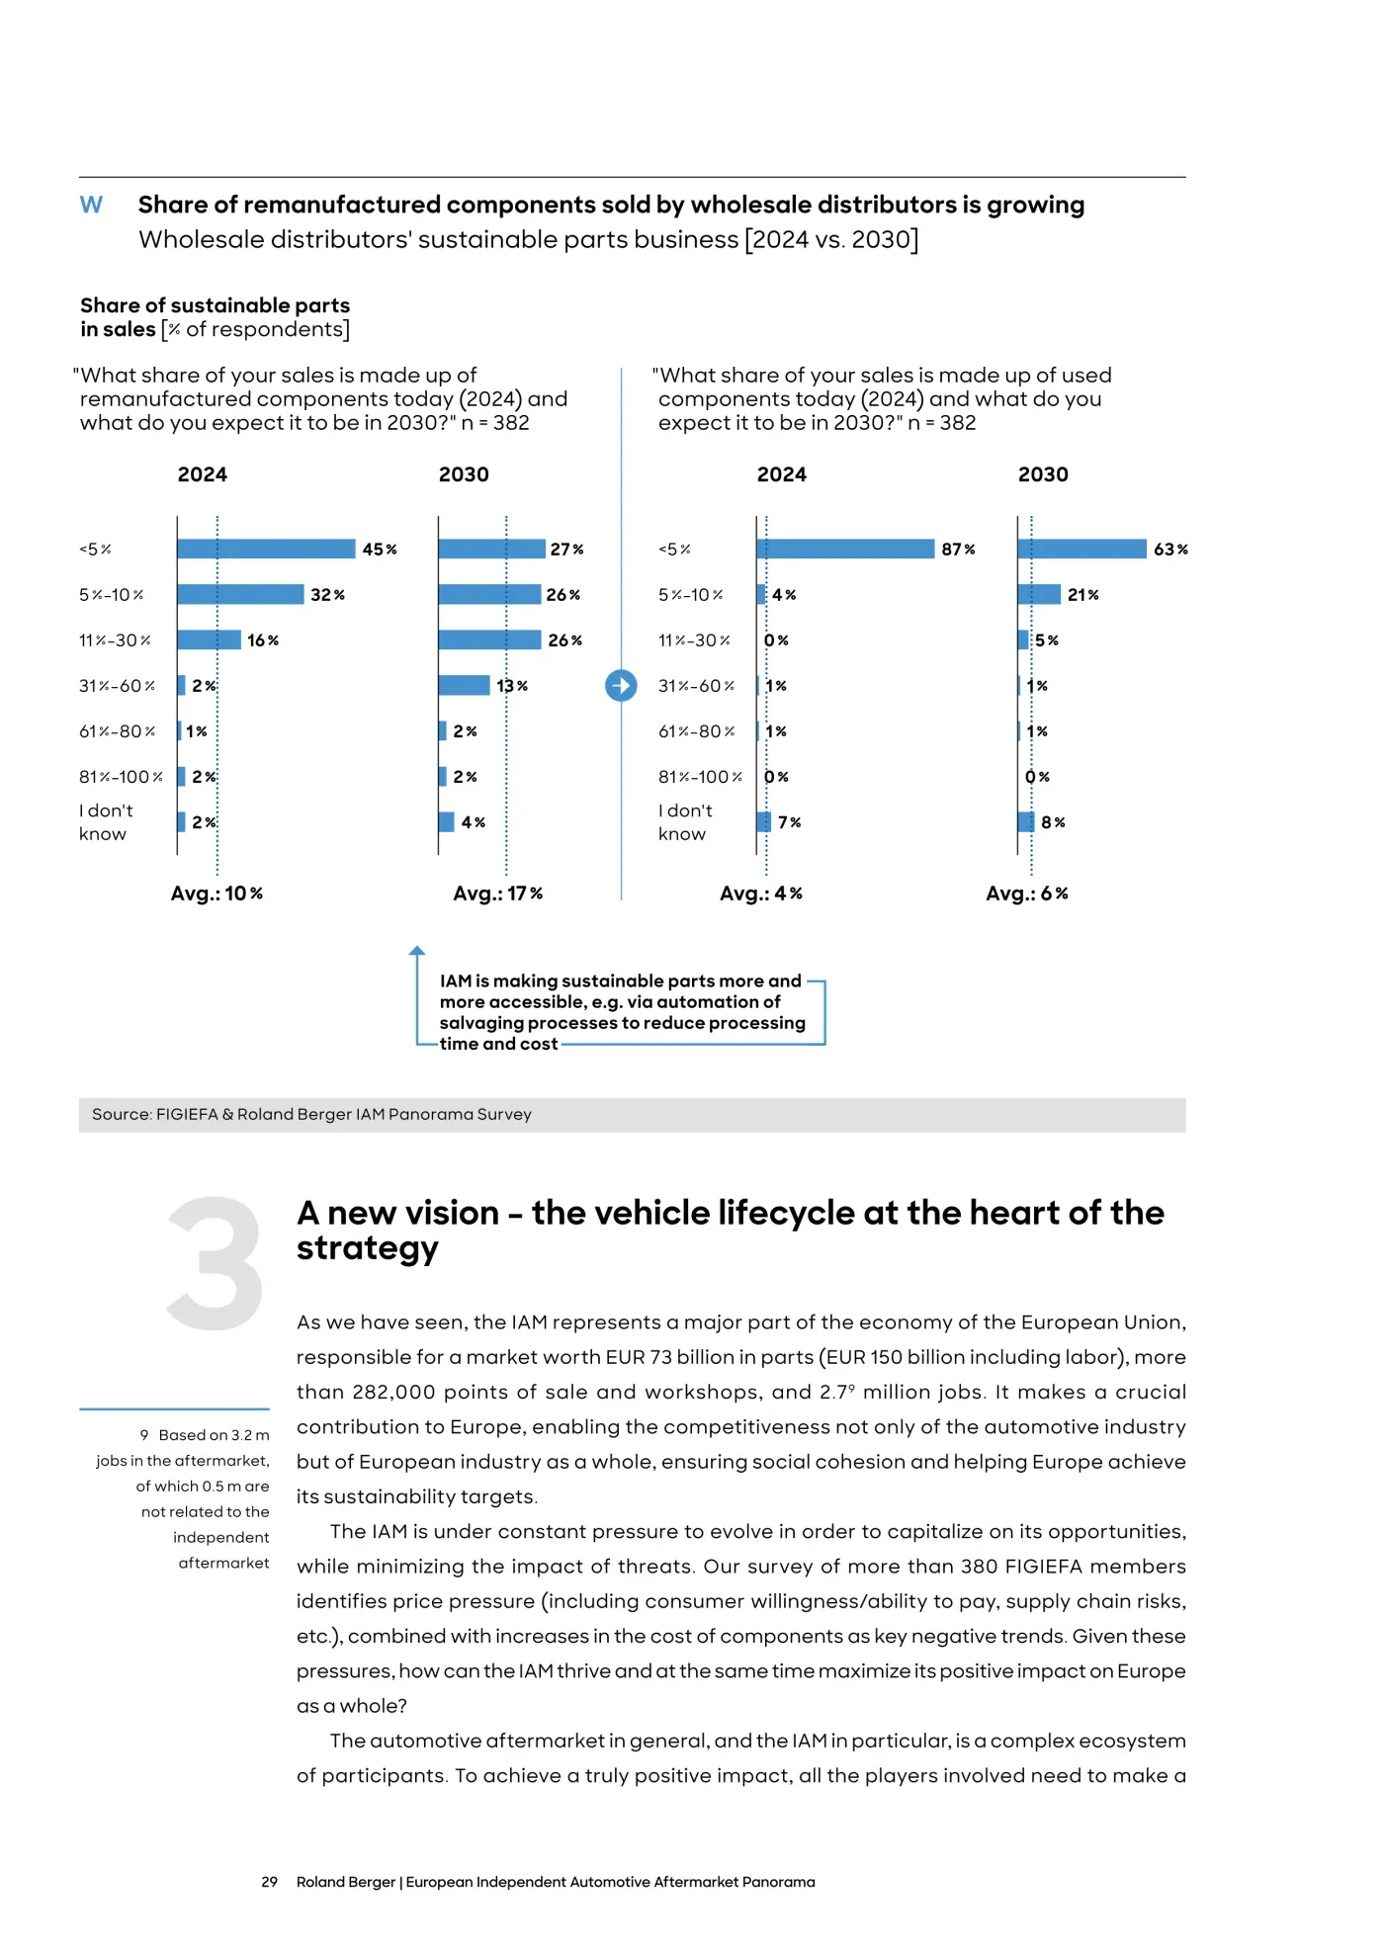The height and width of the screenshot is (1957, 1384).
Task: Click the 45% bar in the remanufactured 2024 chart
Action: [x=266, y=549]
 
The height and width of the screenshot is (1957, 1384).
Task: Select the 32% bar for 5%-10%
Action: [x=240, y=594]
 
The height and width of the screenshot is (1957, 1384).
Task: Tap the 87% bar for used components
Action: [x=845, y=549]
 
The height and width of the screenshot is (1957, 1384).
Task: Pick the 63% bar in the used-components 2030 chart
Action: [x=1082, y=549]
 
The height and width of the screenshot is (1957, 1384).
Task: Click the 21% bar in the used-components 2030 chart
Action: [x=1039, y=594]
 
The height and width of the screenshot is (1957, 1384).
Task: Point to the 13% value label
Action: [x=512, y=686]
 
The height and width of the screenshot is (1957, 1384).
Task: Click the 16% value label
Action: [x=263, y=640]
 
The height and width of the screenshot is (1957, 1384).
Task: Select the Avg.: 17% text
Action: [x=498, y=893]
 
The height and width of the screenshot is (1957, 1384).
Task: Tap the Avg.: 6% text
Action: [x=1027, y=893]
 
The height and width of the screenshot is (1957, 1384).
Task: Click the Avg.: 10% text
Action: [x=216, y=893]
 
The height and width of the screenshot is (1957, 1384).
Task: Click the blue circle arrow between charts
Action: [x=621, y=685]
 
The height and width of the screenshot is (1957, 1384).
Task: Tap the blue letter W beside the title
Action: [x=91, y=205]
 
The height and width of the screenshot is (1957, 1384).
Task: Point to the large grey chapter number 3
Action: [x=215, y=1262]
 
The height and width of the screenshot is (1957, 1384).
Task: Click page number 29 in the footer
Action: [x=269, y=1882]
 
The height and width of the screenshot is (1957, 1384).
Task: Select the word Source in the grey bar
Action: [x=122, y=1114]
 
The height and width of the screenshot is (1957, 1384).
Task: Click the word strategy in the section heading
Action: [x=368, y=1249]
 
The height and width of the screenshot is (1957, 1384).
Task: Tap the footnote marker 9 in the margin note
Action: [x=144, y=1435]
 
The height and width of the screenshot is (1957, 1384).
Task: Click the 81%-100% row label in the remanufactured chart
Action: [x=121, y=777]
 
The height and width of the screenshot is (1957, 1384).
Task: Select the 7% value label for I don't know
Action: [x=789, y=822]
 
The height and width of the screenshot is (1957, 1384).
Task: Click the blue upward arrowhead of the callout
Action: [x=417, y=951]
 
